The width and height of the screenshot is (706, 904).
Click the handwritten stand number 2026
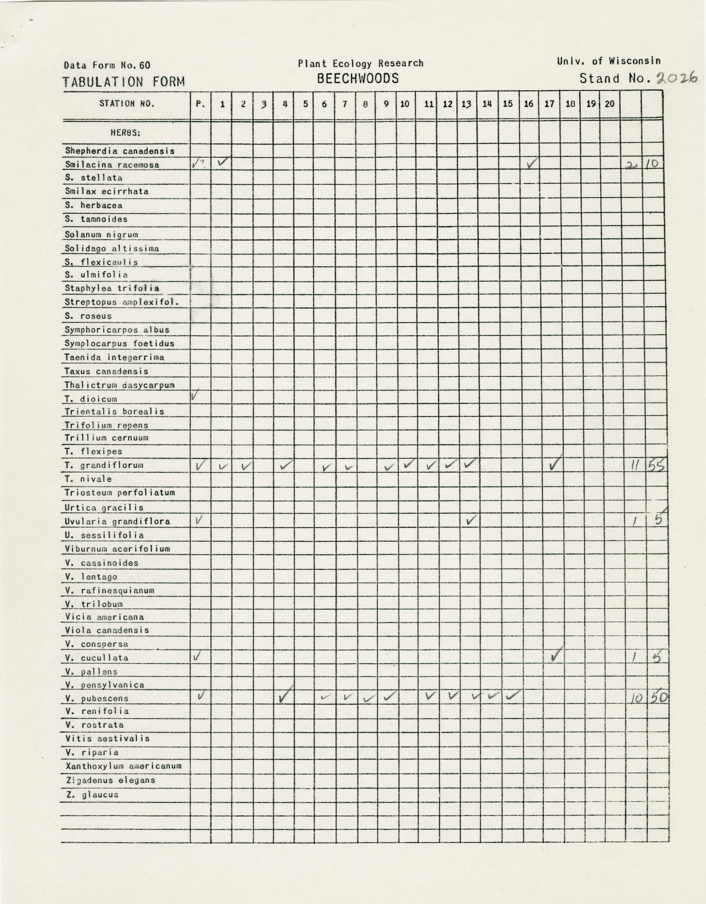point(677,78)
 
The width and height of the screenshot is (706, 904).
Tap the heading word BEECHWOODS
point(358,78)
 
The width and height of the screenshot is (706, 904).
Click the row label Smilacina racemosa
point(112,165)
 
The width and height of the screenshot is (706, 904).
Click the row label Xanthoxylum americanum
point(123,766)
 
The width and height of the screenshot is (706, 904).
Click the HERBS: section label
point(125,133)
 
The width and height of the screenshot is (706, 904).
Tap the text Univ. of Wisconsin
point(608,61)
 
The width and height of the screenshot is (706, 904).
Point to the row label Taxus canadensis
point(106,371)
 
